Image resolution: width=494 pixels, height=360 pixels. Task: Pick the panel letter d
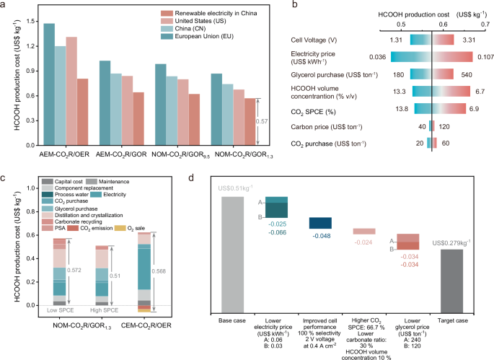(x=211, y=178)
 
